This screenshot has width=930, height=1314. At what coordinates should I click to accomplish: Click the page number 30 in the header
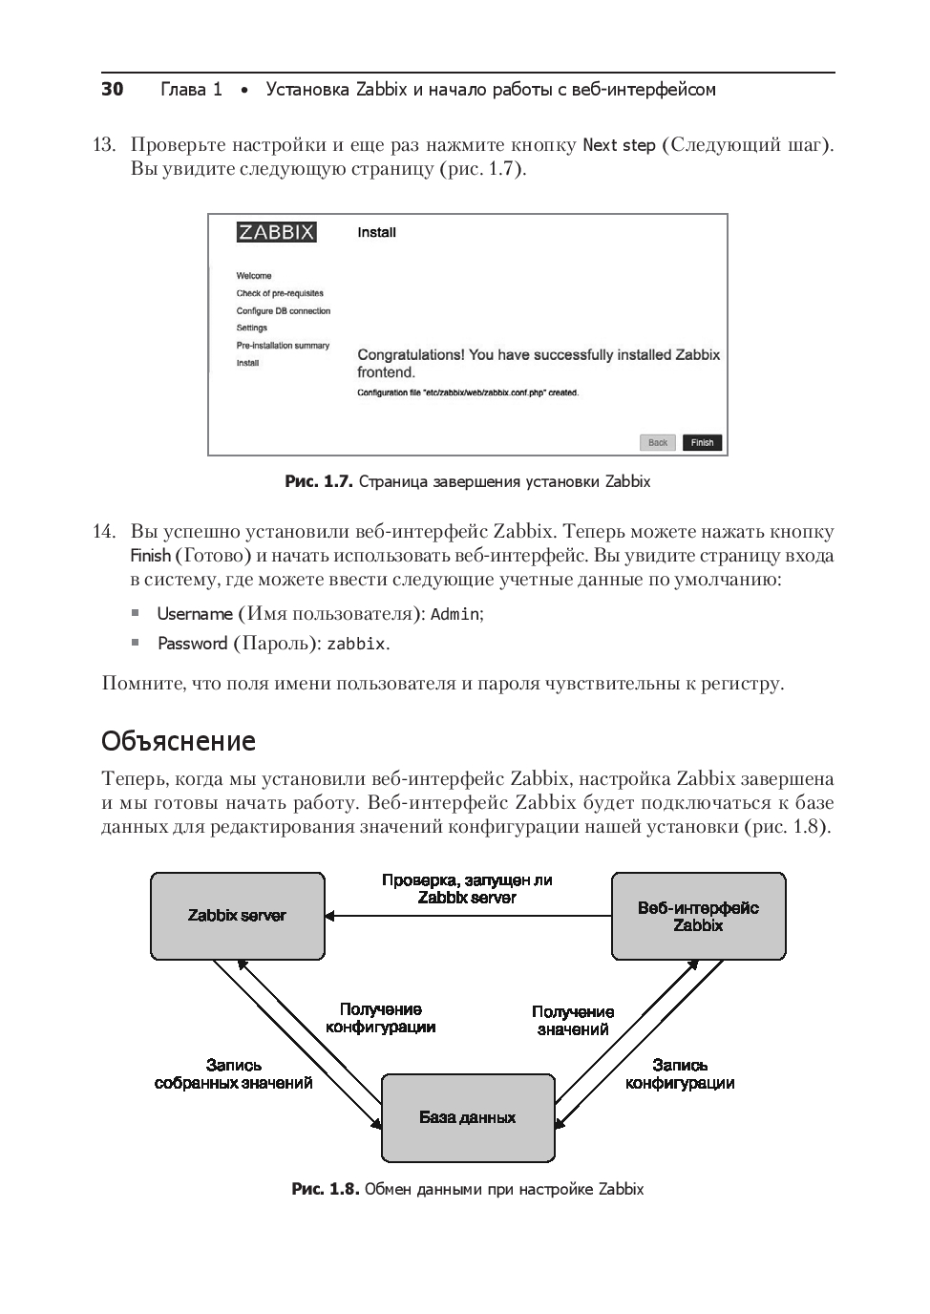tap(113, 90)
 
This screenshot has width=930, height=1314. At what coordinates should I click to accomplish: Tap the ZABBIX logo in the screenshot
tap(276, 232)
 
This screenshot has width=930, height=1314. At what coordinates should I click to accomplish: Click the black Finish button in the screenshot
tap(702, 442)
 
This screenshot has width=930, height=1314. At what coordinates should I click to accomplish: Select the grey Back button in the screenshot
tap(658, 442)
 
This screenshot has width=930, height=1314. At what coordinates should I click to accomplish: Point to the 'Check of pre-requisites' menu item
tap(280, 293)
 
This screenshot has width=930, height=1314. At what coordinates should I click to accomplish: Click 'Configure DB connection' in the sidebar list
tap(284, 310)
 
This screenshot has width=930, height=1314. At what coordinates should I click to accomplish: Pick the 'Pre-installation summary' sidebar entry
tap(283, 346)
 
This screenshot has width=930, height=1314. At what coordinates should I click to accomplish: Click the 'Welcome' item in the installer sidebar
tap(254, 276)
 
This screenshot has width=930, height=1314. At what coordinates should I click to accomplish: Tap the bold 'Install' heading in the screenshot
tap(376, 232)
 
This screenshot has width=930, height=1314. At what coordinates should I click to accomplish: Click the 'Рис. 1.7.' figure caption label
tap(319, 481)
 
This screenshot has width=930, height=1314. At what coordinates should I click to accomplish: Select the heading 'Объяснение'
tap(179, 741)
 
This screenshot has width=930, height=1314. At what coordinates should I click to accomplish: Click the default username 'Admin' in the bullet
tap(455, 614)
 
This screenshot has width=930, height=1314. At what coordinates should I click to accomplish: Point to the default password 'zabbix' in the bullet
tap(355, 644)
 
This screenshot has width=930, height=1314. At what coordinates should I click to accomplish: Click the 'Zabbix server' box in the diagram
tap(237, 916)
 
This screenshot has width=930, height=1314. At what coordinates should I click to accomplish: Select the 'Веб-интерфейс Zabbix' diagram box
tap(698, 916)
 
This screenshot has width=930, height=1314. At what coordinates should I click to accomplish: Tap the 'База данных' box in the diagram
tap(468, 1117)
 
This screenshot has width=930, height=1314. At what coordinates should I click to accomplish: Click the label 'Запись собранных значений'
tap(234, 1074)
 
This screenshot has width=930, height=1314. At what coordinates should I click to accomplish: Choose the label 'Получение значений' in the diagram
tap(573, 1020)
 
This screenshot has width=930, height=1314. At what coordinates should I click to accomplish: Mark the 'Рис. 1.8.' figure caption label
tap(325, 1189)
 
